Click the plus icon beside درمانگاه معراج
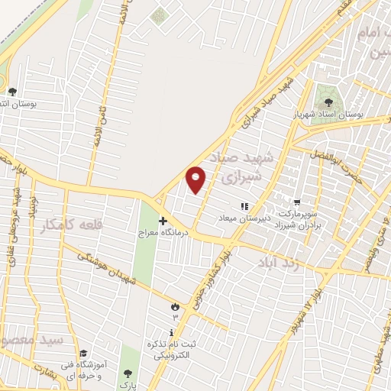(162, 220)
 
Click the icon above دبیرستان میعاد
(245, 205)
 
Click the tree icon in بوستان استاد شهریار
(329, 102)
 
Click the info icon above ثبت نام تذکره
(172, 332)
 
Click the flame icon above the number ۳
(175, 306)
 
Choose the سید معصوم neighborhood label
(31, 337)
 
